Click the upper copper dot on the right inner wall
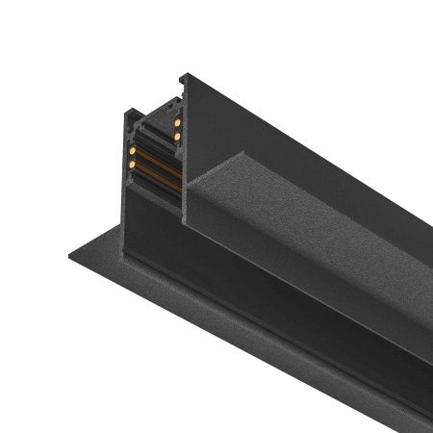178,122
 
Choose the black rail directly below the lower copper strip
159,187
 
